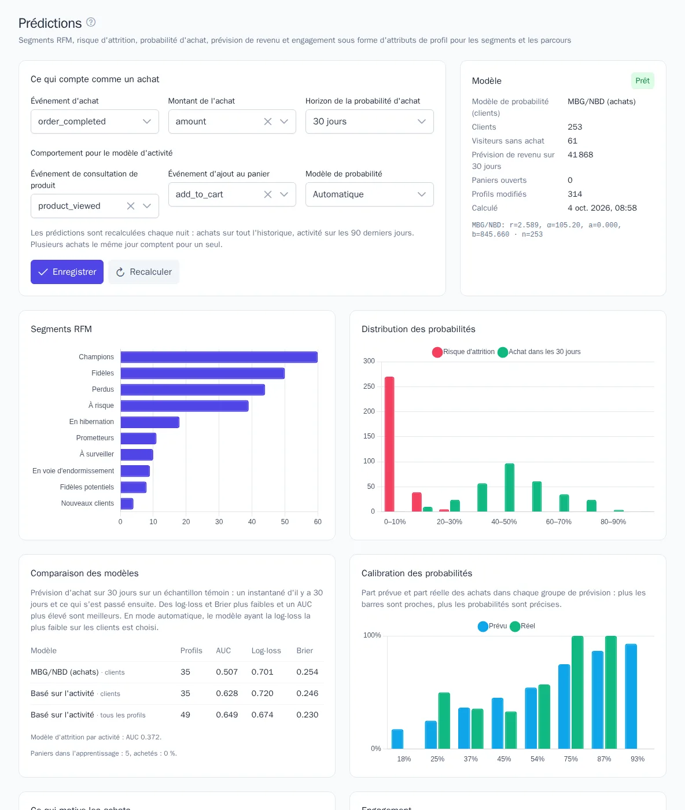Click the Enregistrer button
pyautogui.click(x=67, y=271)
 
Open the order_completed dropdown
pyautogui.click(x=94, y=122)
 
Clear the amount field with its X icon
pyautogui.click(x=268, y=122)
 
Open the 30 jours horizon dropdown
pyautogui.click(x=369, y=122)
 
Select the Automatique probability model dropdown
pyautogui.click(x=369, y=194)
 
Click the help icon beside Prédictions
pyautogui.click(x=91, y=23)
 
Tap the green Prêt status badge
pyautogui.click(x=642, y=81)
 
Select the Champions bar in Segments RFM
pyautogui.click(x=219, y=357)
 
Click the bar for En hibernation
pyautogui.click(x=150, y=422)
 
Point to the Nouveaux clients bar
pyautogui.click(x=127, y=503)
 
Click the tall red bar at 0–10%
pyautogui.click(x=389, y=444)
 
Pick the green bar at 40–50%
pyautogui.click(x=510, y=488)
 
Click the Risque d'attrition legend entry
pyautogui.click(x=463, y=352)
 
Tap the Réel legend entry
pyautogui.click(x=522, y=626)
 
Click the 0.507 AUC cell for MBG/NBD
pyautogui.click(x=227, y=672)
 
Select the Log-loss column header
pyautogui.click(x=266, y=650)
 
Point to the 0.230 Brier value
pyautogui.click(x=307, y=715)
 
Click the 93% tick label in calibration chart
pyautogui.click(x=637, y=759)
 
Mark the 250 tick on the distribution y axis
pyautogui.click(x=369, y=386)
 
